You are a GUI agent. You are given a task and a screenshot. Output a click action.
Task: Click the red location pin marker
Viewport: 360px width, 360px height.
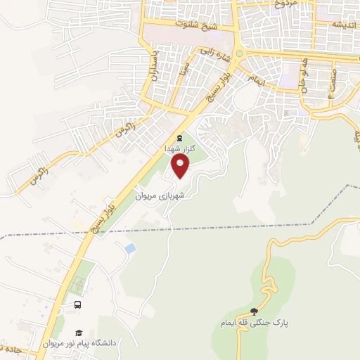pyautogui.click(x=181, y=167)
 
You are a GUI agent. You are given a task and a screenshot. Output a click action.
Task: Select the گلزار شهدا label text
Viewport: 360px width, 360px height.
pyautogui.click(x=179, y=150)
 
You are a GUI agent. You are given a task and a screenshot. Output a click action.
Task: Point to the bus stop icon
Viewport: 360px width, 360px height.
pyautogui.click(x=77, y=305)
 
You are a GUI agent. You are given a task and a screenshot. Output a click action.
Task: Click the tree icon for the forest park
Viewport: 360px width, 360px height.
pyautogui.click(x=254, y=312)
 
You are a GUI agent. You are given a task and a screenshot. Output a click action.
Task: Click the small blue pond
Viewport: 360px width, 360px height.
pyautogui.click(x=129, y=248)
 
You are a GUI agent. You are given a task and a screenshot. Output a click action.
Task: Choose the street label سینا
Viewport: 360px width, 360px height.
pyautogui.click(x=184, y=69)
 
